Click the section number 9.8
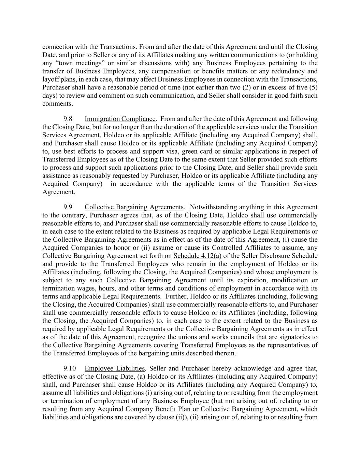coord(68,119)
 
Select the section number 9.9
coord(68,207)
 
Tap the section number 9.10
coord(69,368)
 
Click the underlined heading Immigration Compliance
coord(120,119)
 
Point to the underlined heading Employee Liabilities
coord(115,368)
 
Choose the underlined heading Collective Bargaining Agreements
coord(134,207)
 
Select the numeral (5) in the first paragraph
coord(314,87)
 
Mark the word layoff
coord(50,80)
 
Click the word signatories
coord(296,337)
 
